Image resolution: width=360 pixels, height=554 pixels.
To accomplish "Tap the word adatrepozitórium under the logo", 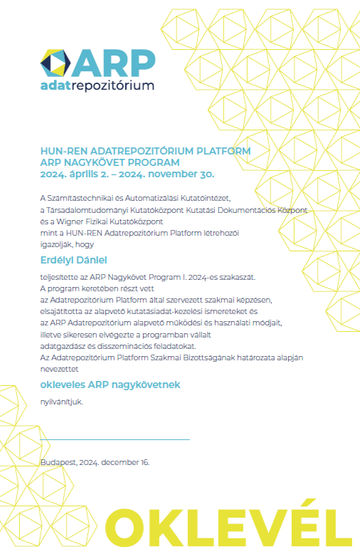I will pos(97,86).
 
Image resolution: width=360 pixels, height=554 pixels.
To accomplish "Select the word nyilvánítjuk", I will pos(61,402).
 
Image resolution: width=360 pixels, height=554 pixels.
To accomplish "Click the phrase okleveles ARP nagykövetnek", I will pos(110,385).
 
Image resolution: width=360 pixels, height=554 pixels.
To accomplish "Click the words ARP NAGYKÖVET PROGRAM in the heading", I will pos(109,162).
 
